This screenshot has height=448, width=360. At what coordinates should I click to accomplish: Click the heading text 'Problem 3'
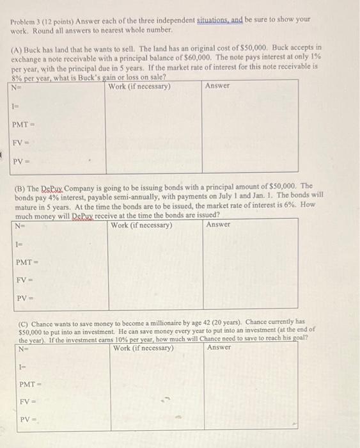click(x=27, y=20)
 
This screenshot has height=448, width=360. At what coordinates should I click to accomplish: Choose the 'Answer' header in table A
click(x=217, y=86)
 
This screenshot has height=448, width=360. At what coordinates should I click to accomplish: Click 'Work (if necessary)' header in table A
click(x=139, y=86)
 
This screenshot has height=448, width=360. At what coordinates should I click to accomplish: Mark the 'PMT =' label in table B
click(x=26, y=262)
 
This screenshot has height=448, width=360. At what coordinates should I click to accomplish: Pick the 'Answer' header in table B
click(x=219, y=225)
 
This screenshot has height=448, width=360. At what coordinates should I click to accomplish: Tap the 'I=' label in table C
click(x=22, y=366)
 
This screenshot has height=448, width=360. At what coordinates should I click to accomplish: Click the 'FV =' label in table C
click(x=26, y=402)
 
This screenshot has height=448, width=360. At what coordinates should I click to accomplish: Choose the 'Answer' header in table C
click(x=220, y=348)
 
